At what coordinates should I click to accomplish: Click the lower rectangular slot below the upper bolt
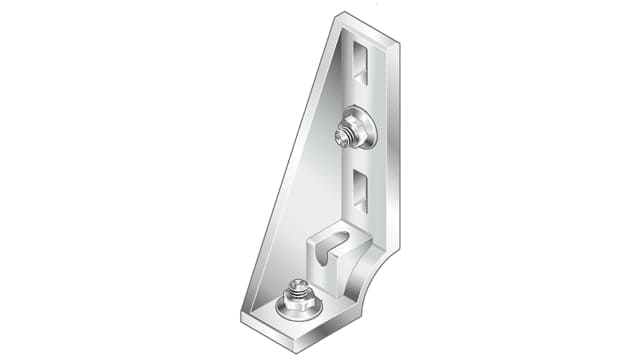(x=361, y=190)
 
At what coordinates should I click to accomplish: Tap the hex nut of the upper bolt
(x=347, y=133)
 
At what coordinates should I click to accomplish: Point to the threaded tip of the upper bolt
(x=341, y=137)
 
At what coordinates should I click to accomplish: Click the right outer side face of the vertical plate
(x=392, y=150)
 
